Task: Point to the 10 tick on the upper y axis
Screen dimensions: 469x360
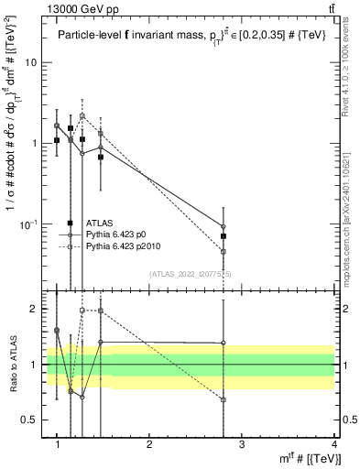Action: (36, 62)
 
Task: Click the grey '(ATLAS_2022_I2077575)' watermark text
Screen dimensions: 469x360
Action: (190, 274)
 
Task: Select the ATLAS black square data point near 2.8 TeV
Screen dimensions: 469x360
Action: (224, 236)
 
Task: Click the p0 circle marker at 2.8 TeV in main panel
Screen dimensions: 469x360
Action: (224, 226)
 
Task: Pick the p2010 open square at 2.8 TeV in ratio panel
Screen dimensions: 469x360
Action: (224, 399)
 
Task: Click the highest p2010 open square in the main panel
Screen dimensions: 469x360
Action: (82, 116)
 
